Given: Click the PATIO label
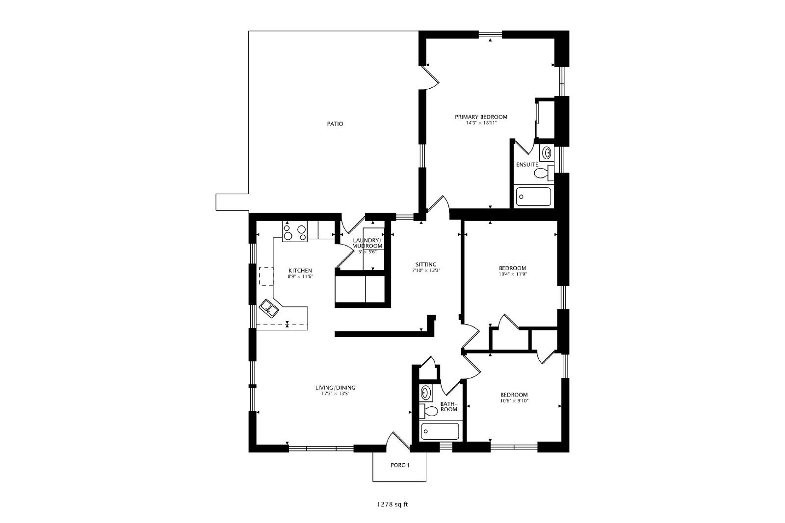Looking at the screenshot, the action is (335, 124).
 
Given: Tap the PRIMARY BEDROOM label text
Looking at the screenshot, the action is (481, 117).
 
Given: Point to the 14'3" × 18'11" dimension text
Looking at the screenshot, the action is (481, 123).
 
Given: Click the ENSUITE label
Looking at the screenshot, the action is (527, 165).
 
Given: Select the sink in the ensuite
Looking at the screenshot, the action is (547, 152).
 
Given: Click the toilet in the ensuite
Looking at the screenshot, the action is (544, 173).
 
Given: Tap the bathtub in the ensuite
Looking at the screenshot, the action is (533, 197).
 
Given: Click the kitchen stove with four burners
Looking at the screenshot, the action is (295, 231).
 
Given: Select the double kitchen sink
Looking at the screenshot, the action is (269, 308).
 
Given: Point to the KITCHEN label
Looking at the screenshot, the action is (300, 271).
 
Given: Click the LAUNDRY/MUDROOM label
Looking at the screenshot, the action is (367, 243).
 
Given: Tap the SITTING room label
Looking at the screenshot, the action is (426, 265).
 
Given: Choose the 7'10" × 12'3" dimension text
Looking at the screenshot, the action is (426, 271).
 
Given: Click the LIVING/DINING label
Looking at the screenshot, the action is (336, 388).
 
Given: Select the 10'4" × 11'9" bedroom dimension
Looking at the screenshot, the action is (513, 274).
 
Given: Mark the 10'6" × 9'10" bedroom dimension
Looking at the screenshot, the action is (514, 401).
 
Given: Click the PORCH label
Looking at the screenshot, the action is (400, 465).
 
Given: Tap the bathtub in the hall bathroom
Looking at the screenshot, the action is (440, 431).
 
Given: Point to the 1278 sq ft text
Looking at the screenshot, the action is (392, 504).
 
